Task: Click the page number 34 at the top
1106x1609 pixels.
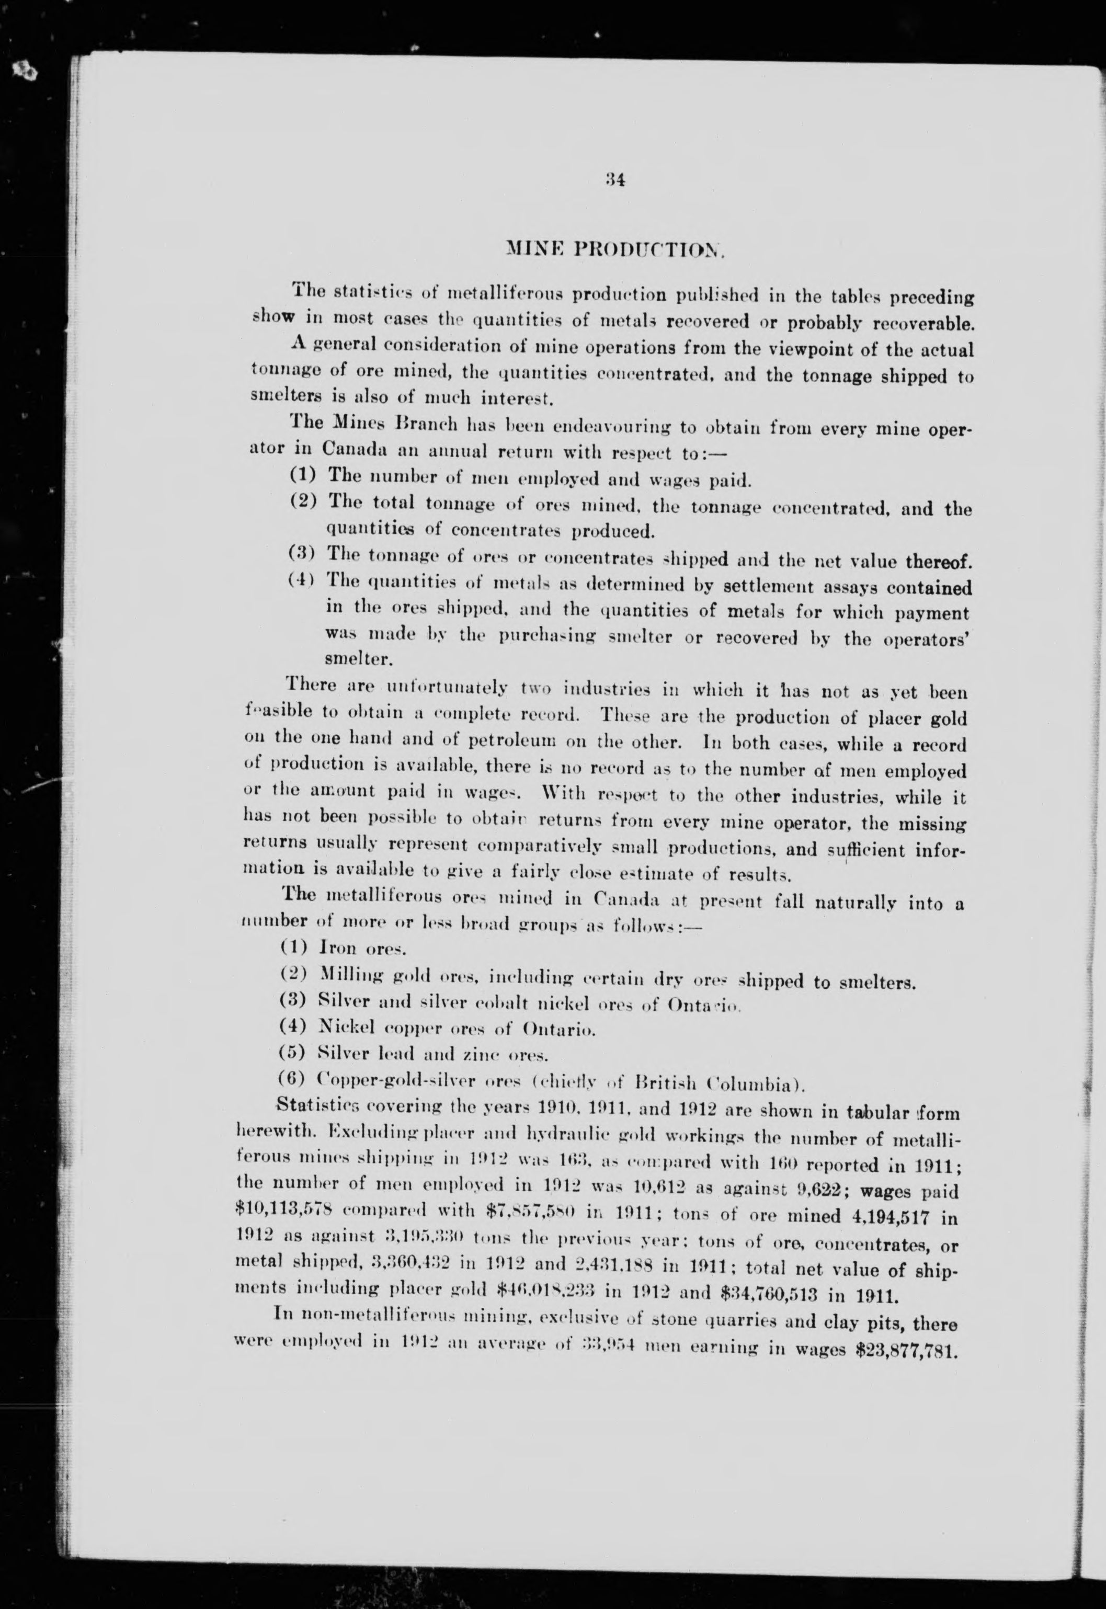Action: pos(614,179)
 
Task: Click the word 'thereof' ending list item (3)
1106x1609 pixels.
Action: pos(934,561)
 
